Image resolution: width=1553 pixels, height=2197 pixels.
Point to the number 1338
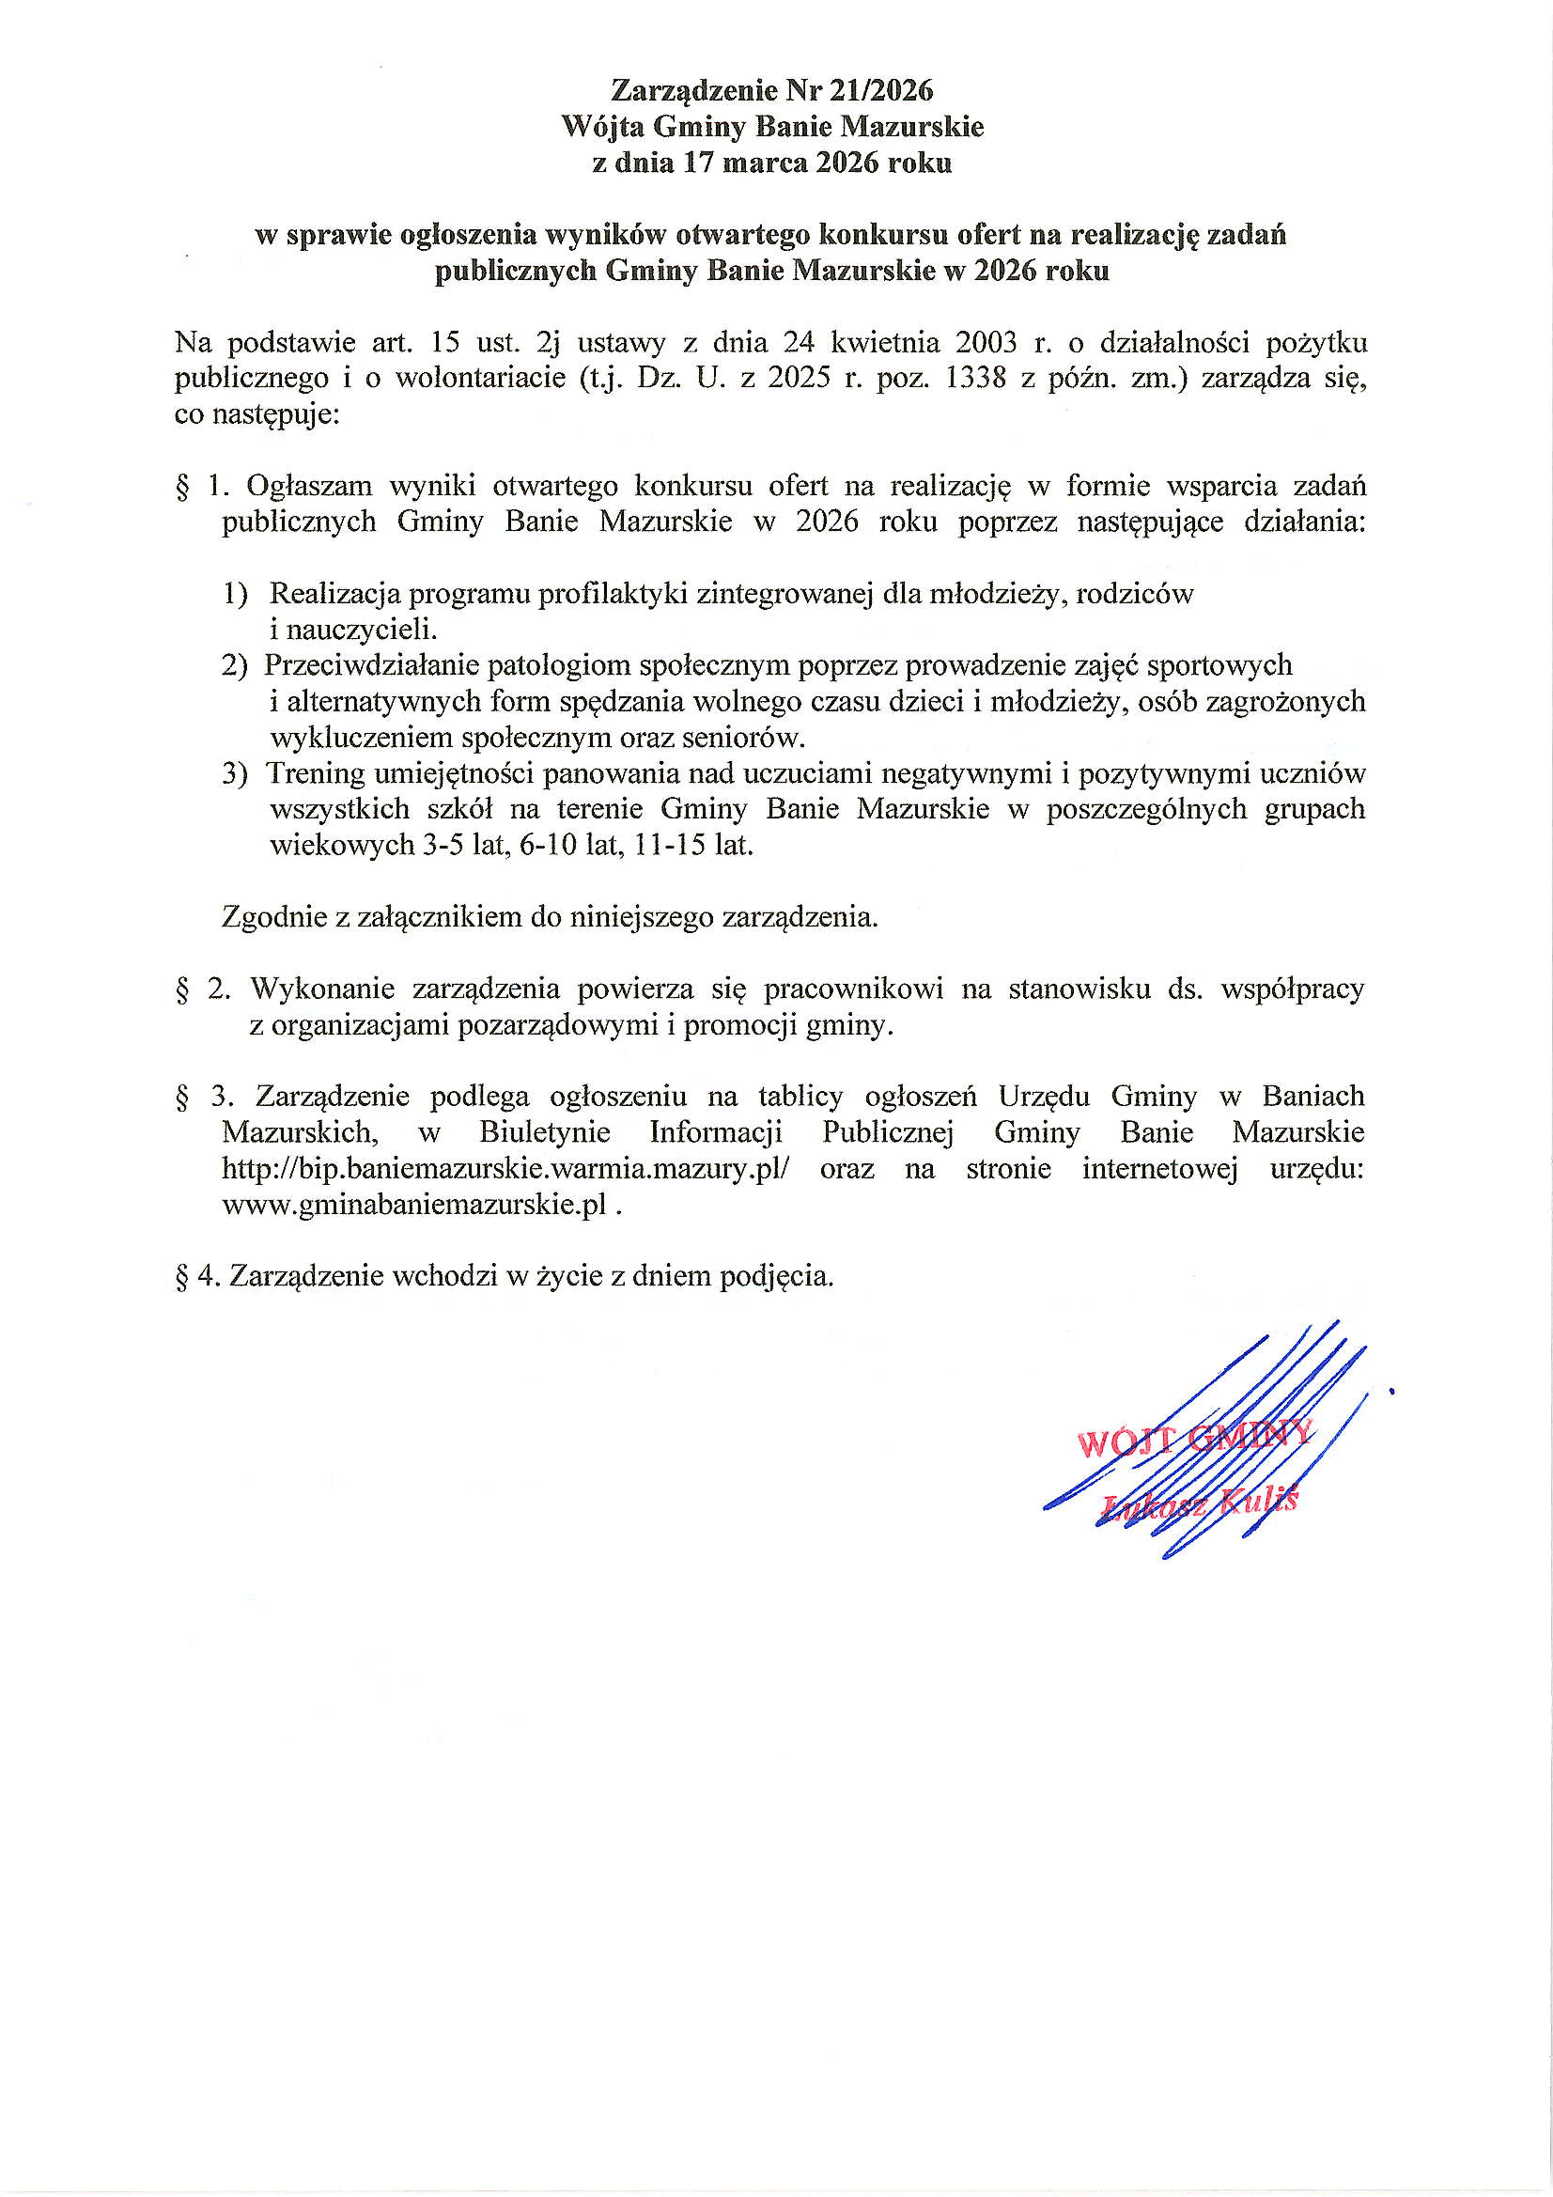[x=976, y=379]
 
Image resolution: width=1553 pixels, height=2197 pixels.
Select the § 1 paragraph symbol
[x=182, y=487]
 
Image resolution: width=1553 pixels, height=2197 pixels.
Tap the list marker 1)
[x=236, y=594]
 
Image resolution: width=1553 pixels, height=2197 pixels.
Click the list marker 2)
[x=236, y=665]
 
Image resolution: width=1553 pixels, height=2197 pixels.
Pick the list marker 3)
[x=236, y=773]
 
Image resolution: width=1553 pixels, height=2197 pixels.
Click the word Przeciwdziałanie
[x=372, y=665]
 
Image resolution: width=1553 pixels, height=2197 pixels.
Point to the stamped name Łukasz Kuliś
[x=1200, y=1503]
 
